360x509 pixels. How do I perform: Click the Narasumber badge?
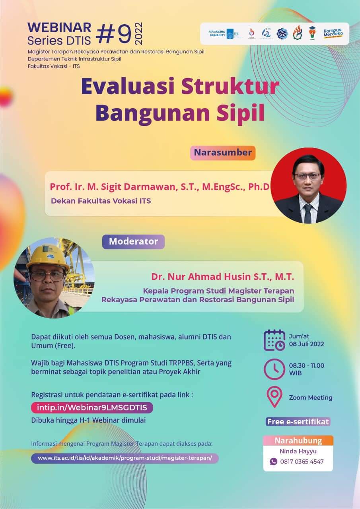(x=223, y=153)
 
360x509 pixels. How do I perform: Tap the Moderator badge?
(x=133, y=241)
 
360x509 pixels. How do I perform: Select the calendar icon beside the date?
(x=274, y=340)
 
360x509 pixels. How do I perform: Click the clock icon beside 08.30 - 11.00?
(x=274, y=369)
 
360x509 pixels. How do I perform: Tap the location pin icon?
(x=274, y=397)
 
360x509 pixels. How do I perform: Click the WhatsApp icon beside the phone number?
(x=273, y=462)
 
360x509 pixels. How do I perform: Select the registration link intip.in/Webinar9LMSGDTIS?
(x=92, y=408)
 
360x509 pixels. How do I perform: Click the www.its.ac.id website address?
(x=125, y=458)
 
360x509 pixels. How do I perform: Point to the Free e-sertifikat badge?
(x=298, y=422)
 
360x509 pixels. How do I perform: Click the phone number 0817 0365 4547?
(x=302, y=462)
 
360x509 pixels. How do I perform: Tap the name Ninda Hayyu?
(x=298, y=451)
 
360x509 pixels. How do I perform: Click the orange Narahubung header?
(x=298, y=441)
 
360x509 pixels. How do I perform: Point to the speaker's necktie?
(x=308, y=213)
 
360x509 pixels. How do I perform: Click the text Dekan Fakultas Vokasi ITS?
(x=101, y=201)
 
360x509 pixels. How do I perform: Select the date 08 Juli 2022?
(x=306, y=344)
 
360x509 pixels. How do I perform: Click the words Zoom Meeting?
(x=310, y=398)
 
